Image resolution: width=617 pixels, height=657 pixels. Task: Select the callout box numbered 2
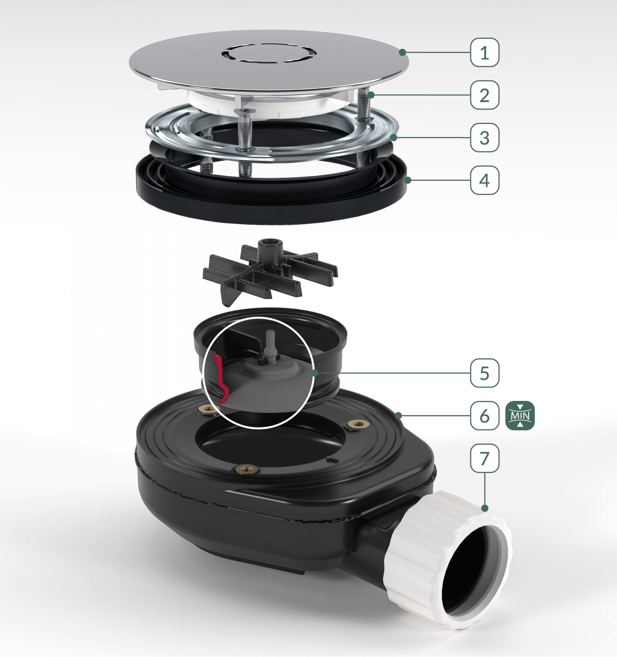coord(485,95)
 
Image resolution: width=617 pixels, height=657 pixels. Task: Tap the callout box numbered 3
coord(485,138)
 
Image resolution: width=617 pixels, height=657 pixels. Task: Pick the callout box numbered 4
coord(485,180)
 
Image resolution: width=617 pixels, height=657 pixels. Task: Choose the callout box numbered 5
coord(485,373)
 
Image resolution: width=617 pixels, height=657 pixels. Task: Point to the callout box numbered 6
coord(485,416)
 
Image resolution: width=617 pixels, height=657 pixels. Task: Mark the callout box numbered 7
coord(485,458)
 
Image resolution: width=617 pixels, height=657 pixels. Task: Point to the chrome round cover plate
coord(269,63)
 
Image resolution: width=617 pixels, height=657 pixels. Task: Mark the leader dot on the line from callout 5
coord(315,373)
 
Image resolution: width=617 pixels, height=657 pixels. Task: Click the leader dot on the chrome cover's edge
coord(402,52)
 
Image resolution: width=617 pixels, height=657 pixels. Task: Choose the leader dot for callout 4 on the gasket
coord(408,180)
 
